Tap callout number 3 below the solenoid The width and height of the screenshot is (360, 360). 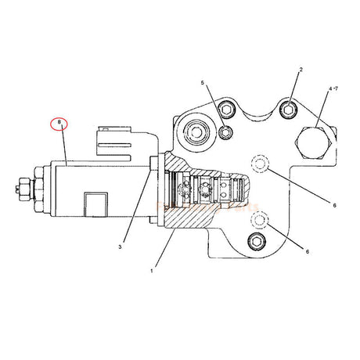coord(121,247)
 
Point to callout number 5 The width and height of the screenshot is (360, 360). coord(201,82)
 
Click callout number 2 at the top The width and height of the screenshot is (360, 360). coord(299,71)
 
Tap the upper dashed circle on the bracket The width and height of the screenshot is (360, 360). coord(260,163)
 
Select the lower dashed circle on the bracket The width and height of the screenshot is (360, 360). coord(260,220)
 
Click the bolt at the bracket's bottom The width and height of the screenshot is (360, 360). coord(256,243)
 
